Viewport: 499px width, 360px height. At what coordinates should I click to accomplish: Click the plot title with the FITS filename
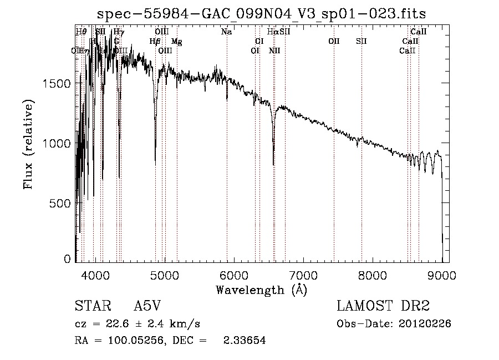pyautogui.click(x=262, y=14)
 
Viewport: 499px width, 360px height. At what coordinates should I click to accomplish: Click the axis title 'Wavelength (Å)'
pyautogui.click(x=261, y=290)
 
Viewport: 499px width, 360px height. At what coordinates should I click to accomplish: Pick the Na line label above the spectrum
pyautogui.click(x=226, y=32)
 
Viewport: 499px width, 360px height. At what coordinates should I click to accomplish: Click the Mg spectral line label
pyautogui.click(x=176, y=41)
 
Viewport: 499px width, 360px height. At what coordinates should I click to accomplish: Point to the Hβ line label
pyautogui.click(x=155, y=41)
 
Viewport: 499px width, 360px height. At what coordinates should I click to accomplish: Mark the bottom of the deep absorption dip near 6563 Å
pyautogui.click(x=273, y=164)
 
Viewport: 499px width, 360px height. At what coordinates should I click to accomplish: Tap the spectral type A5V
pyautogui.click(x=147, y=306)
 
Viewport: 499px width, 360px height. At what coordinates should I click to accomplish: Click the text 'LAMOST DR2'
pyautogui.click(x=383, y=306)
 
